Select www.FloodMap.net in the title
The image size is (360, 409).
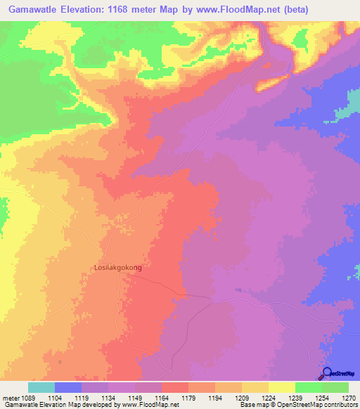[257, 9]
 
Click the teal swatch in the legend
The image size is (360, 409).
[41, 387]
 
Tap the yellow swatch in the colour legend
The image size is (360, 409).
[281, 387]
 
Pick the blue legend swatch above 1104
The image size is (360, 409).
[68, 387]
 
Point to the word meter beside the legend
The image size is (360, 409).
[12, 398]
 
